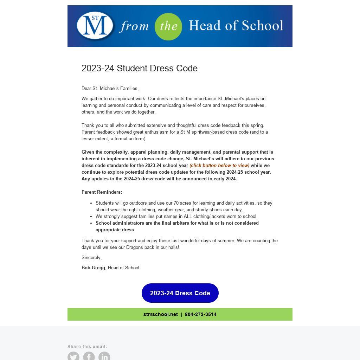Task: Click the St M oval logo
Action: point(95,26)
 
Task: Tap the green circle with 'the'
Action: point(168,26)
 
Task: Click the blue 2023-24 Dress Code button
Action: point(180,293)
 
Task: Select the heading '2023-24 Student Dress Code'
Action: point(140,68)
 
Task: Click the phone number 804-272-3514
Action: point(201,314)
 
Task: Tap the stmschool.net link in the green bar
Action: point(160,314)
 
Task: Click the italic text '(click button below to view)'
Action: point(219,165)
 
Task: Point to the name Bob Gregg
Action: point(93,268)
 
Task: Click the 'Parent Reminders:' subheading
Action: point(102,192)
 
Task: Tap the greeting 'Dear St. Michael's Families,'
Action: point(110,88)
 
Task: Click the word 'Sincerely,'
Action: point(91,257)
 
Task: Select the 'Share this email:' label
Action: point(87,346)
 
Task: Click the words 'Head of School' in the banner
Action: point(236,26)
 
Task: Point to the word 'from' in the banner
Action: point(134,26)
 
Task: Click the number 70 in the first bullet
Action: point(176,203)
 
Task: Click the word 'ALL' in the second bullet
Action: point(188,216)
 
